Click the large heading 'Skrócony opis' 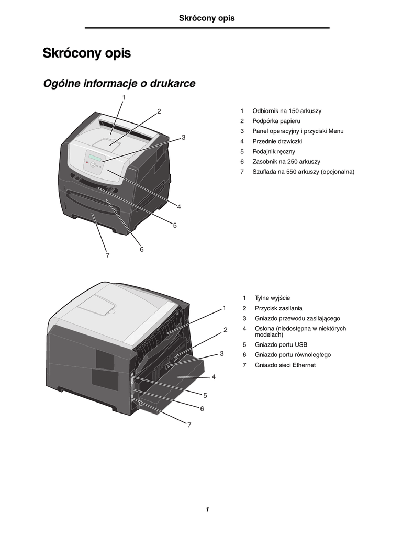pos(87,53)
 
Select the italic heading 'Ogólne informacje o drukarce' pos(119,83)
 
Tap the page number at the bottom pos(207,509)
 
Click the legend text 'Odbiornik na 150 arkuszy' pos(287,111)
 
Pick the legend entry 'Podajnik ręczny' pos(274,151)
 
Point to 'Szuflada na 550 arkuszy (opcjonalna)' pos(303,172)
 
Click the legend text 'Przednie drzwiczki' pos(277,141)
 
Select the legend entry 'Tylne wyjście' pos(272,298)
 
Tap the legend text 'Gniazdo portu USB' pos(281,344)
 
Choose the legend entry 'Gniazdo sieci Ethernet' pos(285,365)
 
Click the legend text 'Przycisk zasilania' pos(278,308)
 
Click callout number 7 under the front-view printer pos(107,255)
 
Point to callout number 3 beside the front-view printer pos(183,138)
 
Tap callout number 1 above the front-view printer pos(124,97)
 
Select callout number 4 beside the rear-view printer pos(214,377)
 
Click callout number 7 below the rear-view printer pos(189,425)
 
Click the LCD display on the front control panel pos(95,158)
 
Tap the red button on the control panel pos(87,162)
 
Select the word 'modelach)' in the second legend pos(269,334)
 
